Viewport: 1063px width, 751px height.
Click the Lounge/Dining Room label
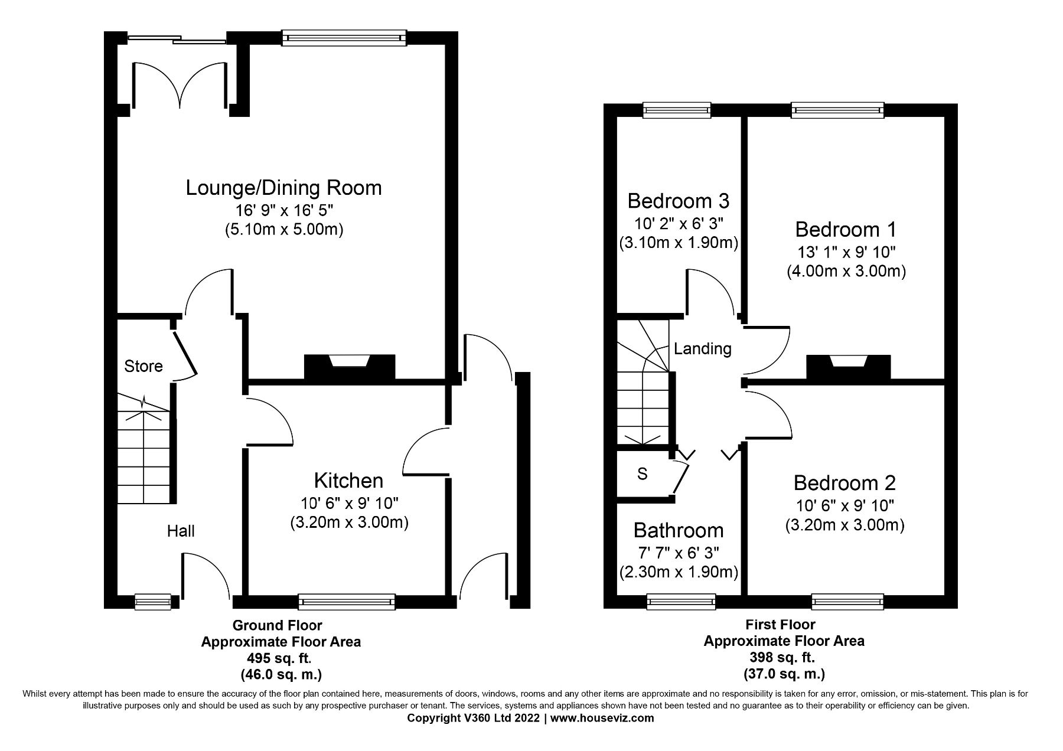pos(283,188)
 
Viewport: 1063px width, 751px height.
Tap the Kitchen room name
pos(348,481)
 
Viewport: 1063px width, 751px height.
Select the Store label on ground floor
pos(144,367)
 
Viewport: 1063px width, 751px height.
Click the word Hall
pos(181,531)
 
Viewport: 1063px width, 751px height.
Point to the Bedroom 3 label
pos(678,201)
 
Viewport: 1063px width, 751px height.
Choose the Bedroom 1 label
pos(846,229)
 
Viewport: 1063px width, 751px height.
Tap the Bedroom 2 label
pos(844,483)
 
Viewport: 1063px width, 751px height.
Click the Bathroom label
pos(679,530)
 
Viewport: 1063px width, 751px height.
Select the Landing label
pos(703,349)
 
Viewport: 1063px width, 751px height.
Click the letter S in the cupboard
pos(643,474)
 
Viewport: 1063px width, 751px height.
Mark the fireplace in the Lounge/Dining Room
pos(349,366)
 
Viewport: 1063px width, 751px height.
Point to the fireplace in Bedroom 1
pos(848,366)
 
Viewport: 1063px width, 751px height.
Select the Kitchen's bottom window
pos(347,602)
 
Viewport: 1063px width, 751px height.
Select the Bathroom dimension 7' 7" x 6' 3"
pos(679,553)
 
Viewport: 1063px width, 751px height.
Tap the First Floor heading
pos(780,625)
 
